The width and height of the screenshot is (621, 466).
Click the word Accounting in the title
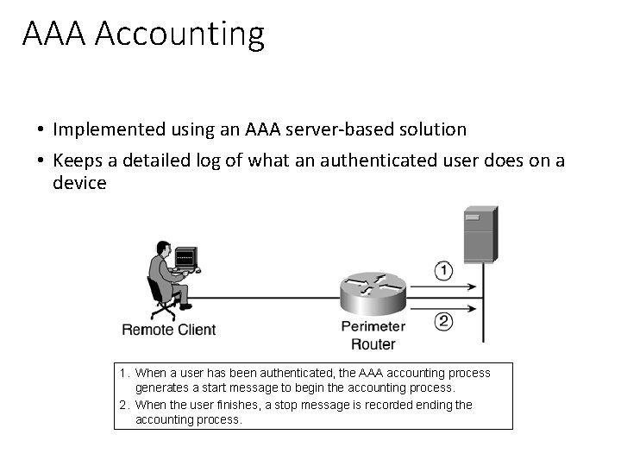(x=179, y=35)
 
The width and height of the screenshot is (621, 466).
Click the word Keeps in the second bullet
(x=77, y=161)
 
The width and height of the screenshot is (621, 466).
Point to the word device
(x=79, y=183)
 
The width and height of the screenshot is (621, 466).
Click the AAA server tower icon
(x=480, y=234)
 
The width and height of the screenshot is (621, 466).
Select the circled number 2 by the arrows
(x=442, y=321)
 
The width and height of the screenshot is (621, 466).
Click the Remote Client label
(x=169, y=329)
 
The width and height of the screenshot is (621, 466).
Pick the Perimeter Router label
(x=373, y=335)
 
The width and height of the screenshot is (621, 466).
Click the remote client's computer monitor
(x=185, y=256)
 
